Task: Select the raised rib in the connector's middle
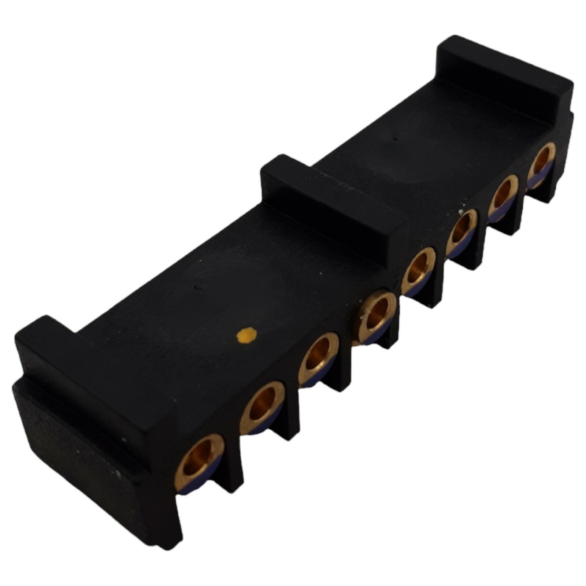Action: tap(330, 190)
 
